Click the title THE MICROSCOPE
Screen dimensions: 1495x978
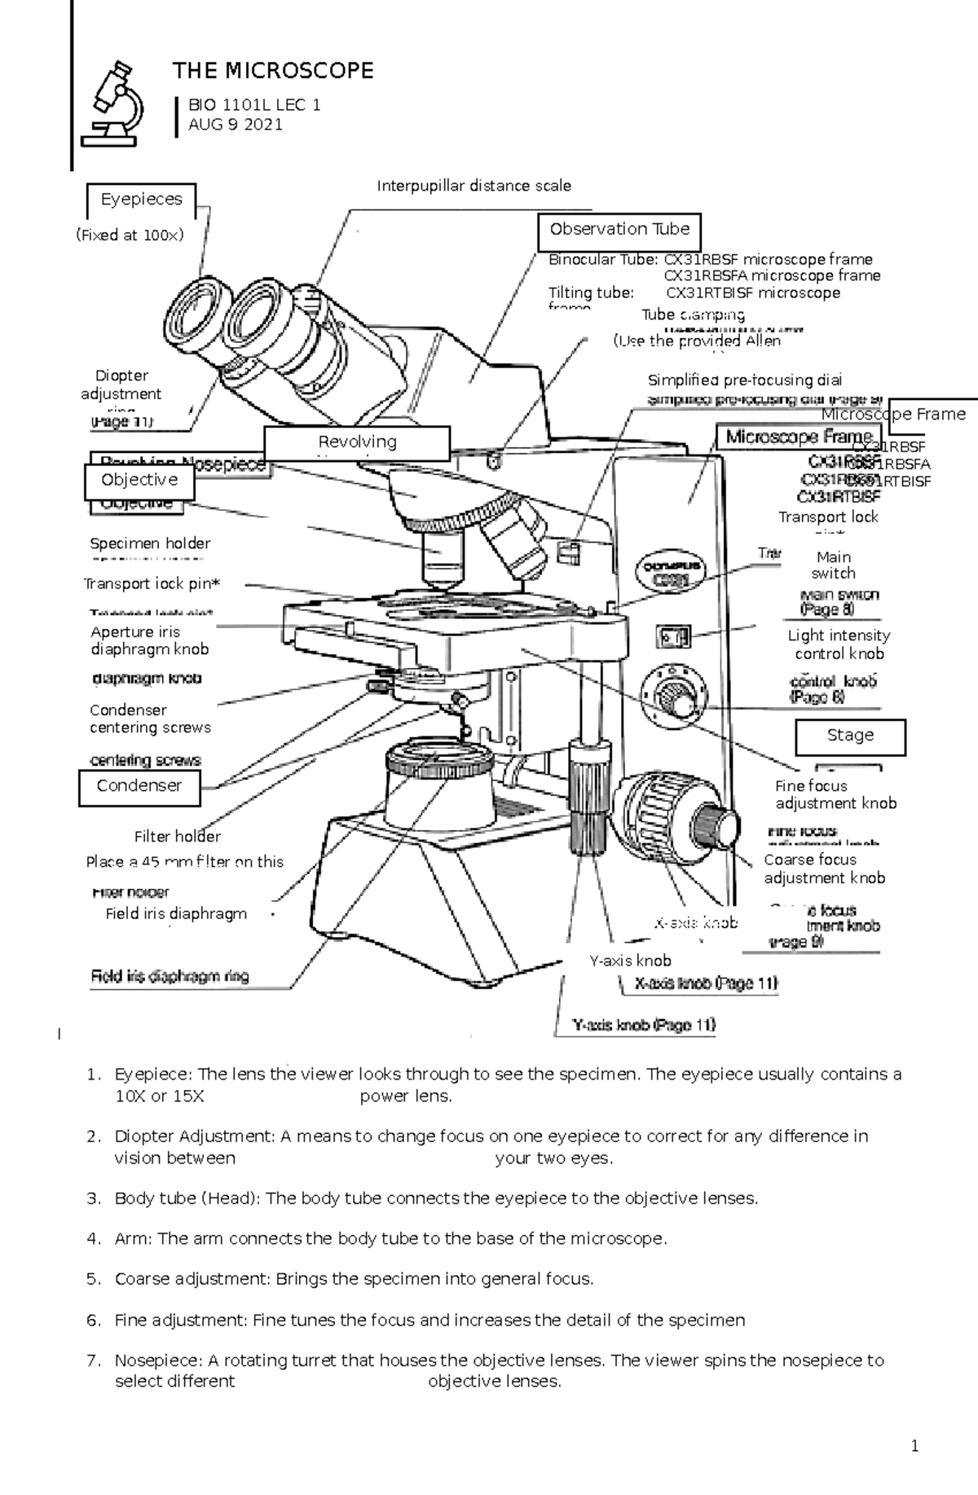(x=272, y=71)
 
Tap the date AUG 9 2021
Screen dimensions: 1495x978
(x=236, y=125)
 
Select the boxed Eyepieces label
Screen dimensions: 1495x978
(x=141, y=200)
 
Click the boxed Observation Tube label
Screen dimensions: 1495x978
(x=619, y=230)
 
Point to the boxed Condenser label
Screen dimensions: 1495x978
(x=139, y=785)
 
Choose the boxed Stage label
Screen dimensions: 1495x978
(x=849, y=735)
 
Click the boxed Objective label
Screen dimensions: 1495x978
(x=139, y=480)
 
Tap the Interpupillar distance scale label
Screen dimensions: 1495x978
(x=474, y=186)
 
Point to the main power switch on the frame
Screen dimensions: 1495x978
(x=673, y=636)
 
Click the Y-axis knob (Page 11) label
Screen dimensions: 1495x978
(x=644, y=1025)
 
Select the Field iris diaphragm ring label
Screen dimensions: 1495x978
(x=170, y=976)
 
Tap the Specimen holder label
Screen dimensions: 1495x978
(x=150, y=543)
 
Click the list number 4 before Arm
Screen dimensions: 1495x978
(x=93, y=1238)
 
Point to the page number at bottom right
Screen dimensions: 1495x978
(x=914, y=1446)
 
